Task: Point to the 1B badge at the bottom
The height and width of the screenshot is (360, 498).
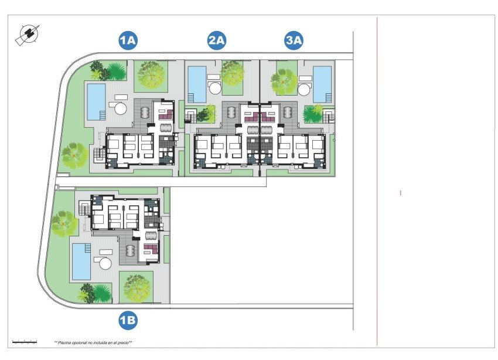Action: (x=128, y=320)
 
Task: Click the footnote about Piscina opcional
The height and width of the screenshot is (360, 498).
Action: (x=93, y=342)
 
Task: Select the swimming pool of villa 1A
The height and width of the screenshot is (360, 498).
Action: (x=96, y=101)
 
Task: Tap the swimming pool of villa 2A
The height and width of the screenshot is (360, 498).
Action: (x=196, y=84)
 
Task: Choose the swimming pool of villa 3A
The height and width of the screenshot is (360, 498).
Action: (x=322, y=84)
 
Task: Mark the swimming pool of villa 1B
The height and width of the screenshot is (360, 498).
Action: (x=81, y=261)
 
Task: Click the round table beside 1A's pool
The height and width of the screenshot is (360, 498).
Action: (x=121, y=107)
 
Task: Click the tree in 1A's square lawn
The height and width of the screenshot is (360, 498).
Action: (x=151, y=75)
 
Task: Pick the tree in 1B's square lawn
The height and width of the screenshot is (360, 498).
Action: (x=137, y=287)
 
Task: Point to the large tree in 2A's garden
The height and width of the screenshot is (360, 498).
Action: (x=233, y=74)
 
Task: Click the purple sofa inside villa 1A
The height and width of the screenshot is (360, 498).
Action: (x=163, y=110)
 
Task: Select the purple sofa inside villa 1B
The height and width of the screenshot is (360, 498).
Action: (x=149, y=252)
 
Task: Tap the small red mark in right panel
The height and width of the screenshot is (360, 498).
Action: (x=401, y=192)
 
